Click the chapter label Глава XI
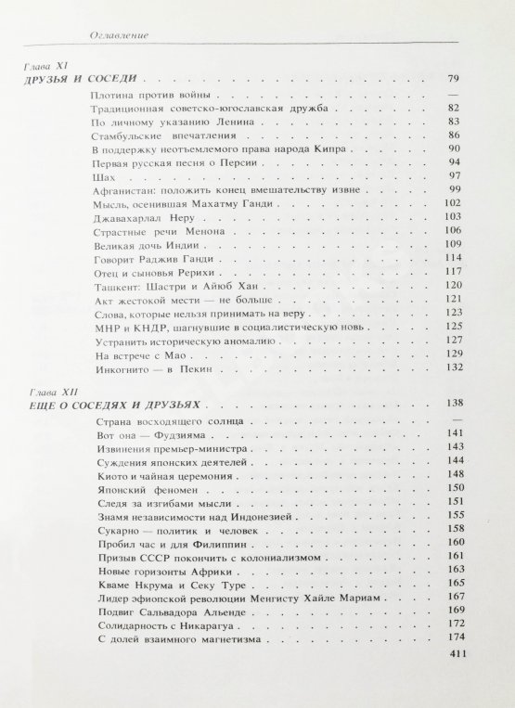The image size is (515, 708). (x=44, y=66)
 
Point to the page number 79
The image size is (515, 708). (x=454, y=81)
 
